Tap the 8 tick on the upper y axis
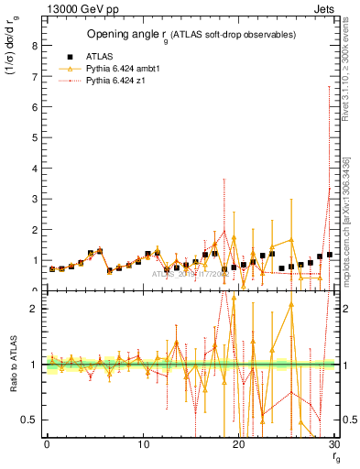[35, 44]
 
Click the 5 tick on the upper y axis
[35, 136]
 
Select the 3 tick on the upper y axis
[35, 199]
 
